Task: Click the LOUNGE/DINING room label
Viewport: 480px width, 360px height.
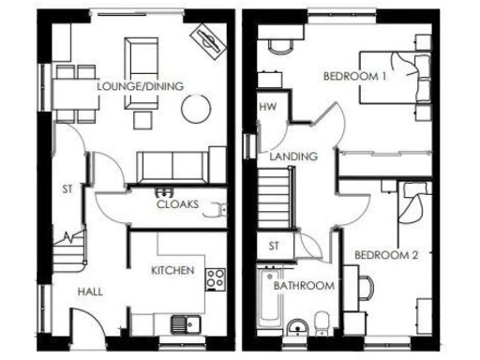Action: coord(140,87)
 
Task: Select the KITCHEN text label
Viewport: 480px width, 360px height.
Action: coord(172,270)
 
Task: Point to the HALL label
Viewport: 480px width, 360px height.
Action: coord(90,292)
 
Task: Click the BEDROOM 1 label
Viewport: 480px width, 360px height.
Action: coord(355,77)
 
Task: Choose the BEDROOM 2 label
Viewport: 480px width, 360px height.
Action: coord(386,255)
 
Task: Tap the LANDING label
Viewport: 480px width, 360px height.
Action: coord(292,157)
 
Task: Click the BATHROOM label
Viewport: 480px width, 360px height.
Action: coord(304,285)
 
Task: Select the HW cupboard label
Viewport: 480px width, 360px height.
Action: coord(267,107)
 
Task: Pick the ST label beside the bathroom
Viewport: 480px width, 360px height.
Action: coord(274,246)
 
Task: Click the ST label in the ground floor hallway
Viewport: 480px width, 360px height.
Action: coord(67,188)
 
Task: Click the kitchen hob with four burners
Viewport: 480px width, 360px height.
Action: coord(216,277)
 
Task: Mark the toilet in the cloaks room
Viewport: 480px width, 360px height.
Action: coord(219,209)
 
